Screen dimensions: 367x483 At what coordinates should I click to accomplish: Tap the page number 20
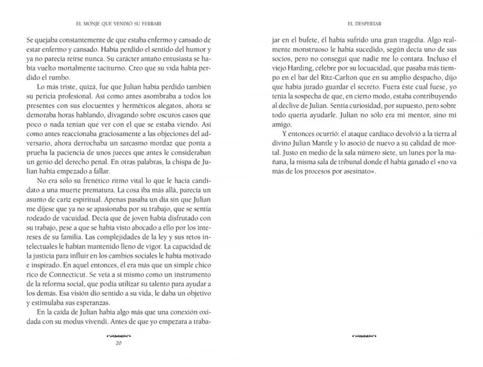click(118, 345)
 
